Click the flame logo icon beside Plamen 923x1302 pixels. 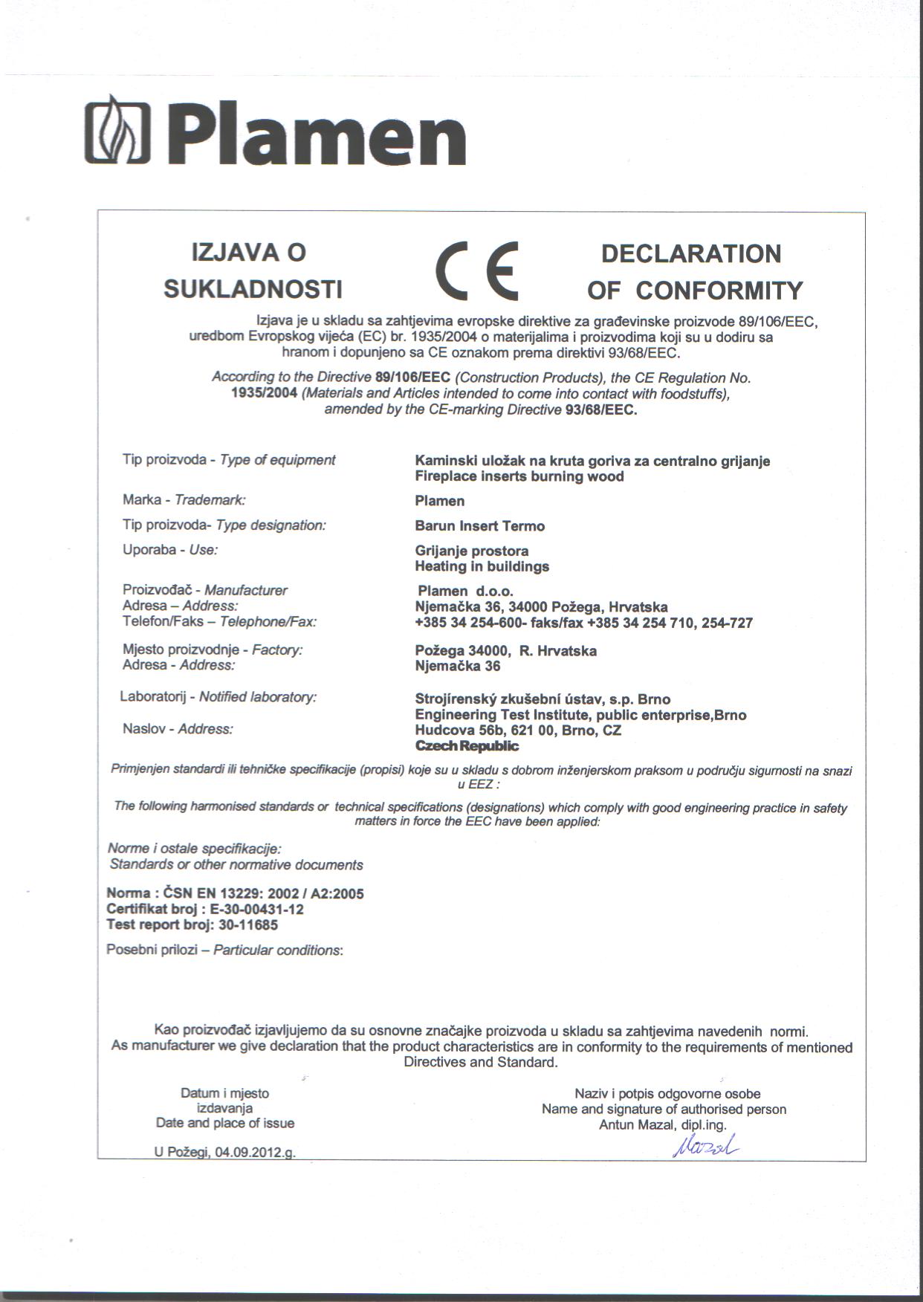(x=117, y=132)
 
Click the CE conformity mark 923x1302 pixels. (x=476, y=270)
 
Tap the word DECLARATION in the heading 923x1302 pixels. (x=690, y=254)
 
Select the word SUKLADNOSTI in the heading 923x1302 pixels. (x=253, y=289)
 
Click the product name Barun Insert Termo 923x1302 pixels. (x=479, y=526)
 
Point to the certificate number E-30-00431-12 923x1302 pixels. (x=256, y=909)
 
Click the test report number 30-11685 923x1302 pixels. (x=248, y=924)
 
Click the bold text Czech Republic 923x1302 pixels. (x=467, y=746)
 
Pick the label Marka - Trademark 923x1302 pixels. (x=184, y=500)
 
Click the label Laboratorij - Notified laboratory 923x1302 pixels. (x=218, y=697)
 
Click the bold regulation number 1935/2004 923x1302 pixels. (x=265, y=394)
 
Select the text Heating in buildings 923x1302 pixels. (x=482, y=566)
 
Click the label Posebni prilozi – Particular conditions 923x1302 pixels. (x=224, y=950)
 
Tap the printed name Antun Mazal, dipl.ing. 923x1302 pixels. (x=663, y=1124)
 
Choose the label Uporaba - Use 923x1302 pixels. (x=169, y=550)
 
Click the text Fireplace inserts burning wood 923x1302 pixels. (x=519, y=476)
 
